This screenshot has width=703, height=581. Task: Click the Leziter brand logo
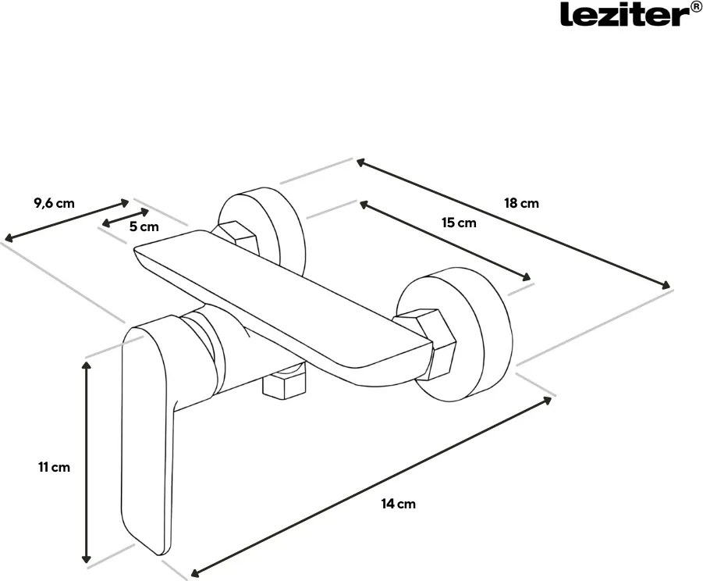click(x=620, y=13)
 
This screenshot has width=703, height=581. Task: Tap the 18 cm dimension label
click(x=521, y=203)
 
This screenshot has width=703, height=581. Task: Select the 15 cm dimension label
click(x=459, y=223)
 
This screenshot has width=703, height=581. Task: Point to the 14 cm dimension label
click(x=399, y=504)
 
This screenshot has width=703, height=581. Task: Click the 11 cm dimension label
click(x=53, y=467)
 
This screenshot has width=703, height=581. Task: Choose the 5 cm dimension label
click(x=144, y=227)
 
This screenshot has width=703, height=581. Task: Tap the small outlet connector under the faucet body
click(x=285, y=383)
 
